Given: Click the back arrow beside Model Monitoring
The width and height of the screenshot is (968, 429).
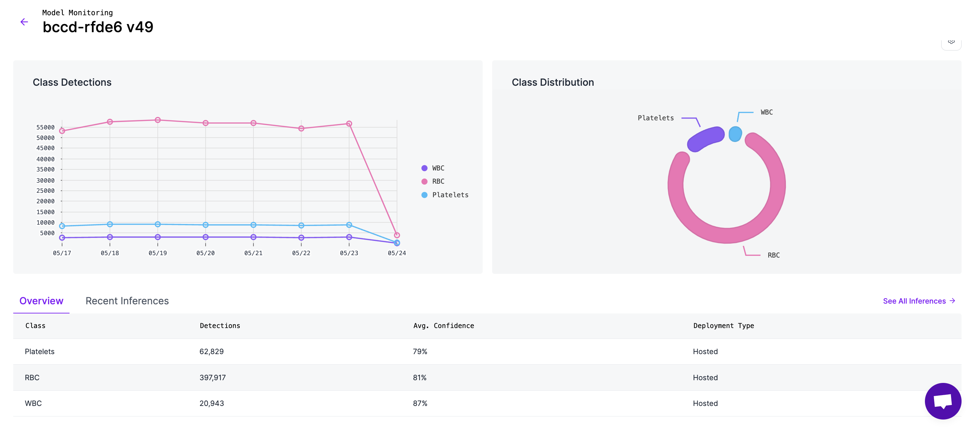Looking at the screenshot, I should [24, 22].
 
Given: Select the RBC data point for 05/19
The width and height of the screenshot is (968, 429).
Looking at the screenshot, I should [158, 120].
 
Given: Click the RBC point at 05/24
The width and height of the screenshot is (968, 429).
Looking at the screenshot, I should [397, 235].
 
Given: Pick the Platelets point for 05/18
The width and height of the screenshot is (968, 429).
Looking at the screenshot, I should [110, 224].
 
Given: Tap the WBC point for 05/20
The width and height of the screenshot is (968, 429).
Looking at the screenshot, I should [206, 237].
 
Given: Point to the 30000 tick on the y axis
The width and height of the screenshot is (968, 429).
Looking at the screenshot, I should [45, 181].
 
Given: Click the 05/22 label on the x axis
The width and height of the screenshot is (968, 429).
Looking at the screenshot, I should [301, 253].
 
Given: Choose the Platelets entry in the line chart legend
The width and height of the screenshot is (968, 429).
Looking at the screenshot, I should [450, 195].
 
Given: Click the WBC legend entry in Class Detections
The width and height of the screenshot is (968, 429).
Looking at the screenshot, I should [438, 168].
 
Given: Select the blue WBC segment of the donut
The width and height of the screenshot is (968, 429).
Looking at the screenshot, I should [735, 134].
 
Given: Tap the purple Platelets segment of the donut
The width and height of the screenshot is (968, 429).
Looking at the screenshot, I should [706, 139].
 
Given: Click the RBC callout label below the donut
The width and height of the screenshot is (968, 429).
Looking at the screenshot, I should [773, 255].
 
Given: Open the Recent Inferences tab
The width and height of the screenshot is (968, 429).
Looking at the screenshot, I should [127, 301].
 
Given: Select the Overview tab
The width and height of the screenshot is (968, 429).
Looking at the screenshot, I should [41, 301].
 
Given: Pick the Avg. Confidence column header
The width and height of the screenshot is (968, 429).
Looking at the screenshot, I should [443, 326].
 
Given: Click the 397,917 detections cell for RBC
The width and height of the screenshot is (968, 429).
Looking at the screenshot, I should [212, 377].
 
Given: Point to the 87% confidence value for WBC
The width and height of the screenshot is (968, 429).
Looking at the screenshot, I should [420, 404].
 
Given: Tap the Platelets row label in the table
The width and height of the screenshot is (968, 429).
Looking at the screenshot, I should [39, 352].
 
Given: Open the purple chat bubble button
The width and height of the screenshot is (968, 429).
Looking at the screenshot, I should [943, 401].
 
